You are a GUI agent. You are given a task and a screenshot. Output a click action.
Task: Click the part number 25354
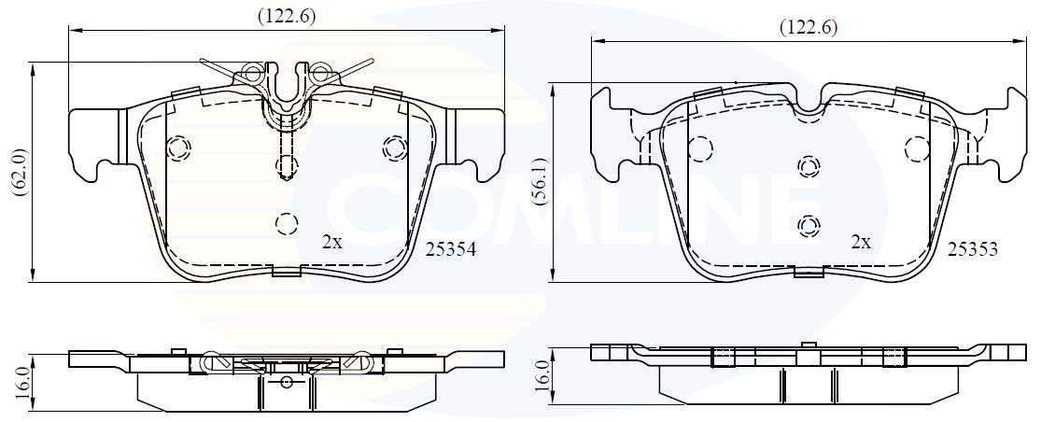(450, 249)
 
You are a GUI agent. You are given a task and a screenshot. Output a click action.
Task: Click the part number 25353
(972, 249)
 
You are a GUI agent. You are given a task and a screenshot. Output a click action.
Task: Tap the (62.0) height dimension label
(21, 172)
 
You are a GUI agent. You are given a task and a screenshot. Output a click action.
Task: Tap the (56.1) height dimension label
(541, 181)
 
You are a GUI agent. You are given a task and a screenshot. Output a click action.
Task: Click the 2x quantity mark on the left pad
(332, 243)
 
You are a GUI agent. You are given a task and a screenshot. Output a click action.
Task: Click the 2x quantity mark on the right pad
(861, 242)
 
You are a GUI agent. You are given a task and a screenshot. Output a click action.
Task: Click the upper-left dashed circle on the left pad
(178, 148)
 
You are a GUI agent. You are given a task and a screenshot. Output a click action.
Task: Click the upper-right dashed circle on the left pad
(395, 148)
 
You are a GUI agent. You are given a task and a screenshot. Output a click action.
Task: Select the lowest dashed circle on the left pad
(286, 224)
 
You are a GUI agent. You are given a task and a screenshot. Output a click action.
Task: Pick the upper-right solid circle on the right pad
(918, 148)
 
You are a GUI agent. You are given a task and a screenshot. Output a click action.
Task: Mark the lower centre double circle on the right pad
(808, 227)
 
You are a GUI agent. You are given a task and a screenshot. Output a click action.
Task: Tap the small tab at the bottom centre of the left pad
(286, 270)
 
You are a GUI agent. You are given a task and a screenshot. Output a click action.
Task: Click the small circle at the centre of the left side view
(287, 382)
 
